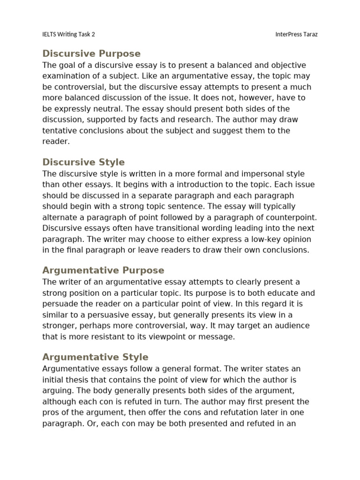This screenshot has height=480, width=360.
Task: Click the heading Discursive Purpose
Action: [x=91, y=53]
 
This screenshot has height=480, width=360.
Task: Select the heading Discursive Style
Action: [x=83, y=162]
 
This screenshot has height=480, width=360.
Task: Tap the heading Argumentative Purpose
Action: [x=103, y=270]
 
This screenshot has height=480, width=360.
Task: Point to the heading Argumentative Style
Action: [x=95, y=357]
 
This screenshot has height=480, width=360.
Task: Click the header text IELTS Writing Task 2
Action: [x=68, y=35]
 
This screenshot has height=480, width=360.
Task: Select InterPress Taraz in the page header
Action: [x=296, y=35]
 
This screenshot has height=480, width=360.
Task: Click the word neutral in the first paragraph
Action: [x=98, y=109]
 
